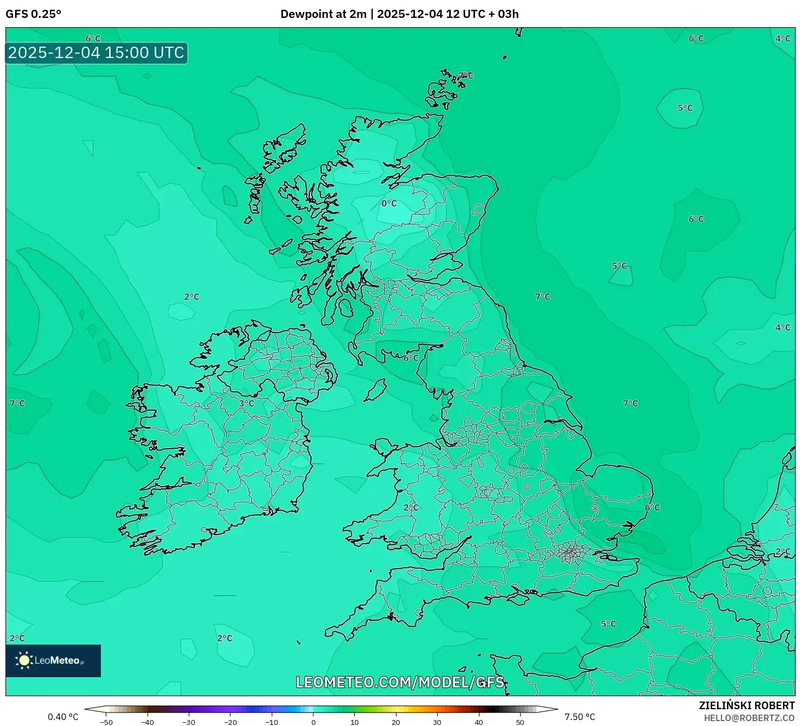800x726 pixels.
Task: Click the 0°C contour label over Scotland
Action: [389, 203]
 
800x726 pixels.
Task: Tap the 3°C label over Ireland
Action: [246, 403]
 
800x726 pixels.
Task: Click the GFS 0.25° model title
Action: [33, 14]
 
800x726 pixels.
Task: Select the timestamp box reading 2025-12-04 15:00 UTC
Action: [97, 53]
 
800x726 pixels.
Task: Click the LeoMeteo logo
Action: [53, 660]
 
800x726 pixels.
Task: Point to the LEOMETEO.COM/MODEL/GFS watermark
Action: [400, 682]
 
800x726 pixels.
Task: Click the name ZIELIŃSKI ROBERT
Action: [746, 705]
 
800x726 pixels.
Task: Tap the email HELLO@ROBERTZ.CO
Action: [748, 718]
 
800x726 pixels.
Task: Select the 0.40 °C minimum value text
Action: [63, 717]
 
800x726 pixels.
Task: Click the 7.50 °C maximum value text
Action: [580, 717]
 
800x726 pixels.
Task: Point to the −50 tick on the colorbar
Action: [106, 722]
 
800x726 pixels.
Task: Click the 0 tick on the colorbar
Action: [313, 722]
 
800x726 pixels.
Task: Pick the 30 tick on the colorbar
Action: [437, 722]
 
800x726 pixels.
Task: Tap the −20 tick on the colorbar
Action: [231, 722]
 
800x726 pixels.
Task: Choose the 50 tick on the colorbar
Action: [520, 722]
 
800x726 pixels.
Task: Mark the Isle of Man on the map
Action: [375, 390]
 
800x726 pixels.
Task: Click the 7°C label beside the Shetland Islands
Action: [466, 75]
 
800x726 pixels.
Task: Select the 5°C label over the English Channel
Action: [609, 624]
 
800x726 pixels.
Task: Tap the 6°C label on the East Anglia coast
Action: [652, 507]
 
